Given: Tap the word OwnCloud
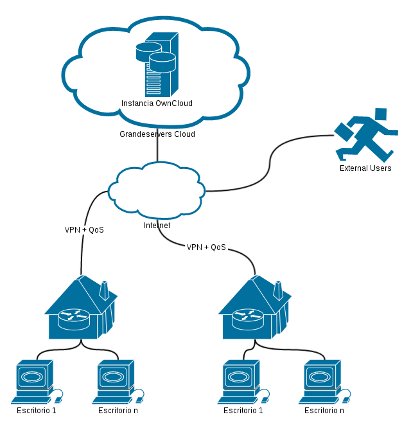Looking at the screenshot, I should [174, 103].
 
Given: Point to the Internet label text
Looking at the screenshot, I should [157, 226].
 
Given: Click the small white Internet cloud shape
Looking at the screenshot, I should [157, 189].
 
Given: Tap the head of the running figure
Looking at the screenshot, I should [381, 114].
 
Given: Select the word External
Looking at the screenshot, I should [354, 168].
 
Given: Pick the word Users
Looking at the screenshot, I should [381, 168].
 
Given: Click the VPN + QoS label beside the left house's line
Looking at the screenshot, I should [84, 229].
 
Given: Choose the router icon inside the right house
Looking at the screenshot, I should [247, 316].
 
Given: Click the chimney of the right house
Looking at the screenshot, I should [278, 290].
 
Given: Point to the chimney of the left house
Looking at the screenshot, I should [103, 290].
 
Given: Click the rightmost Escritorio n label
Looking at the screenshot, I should [324, 411].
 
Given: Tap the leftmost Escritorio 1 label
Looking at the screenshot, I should [37, 411].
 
